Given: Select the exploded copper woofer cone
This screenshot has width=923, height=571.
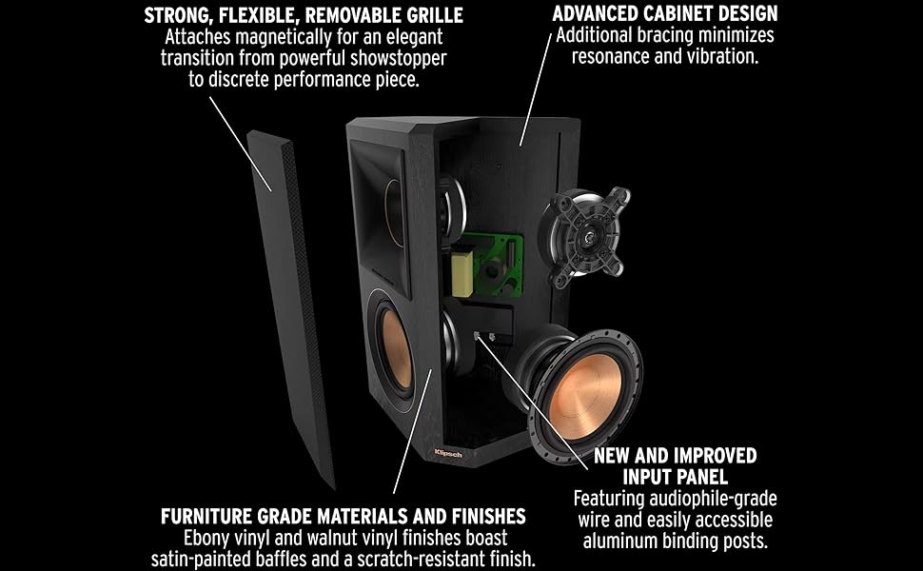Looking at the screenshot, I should [584, 376].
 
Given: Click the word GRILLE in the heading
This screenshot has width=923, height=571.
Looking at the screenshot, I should [431, 15].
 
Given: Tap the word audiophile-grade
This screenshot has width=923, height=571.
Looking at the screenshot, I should [710, 499].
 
